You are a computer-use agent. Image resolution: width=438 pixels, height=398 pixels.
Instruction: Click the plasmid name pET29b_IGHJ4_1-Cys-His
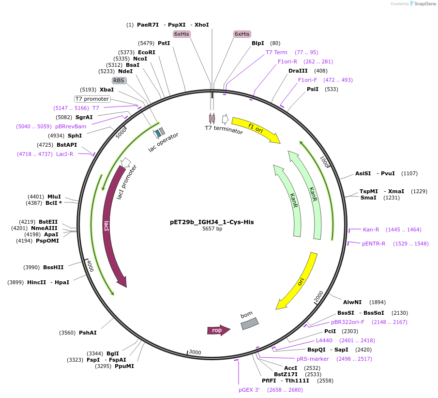pos(211,222)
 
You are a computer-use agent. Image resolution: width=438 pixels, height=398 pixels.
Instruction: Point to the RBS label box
pos(119,80)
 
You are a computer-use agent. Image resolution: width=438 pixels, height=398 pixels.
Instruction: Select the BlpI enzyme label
pos(258,43)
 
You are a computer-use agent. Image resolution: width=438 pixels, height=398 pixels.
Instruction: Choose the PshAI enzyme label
pos(88,333)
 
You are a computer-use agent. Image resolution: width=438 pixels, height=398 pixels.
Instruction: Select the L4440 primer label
pos(324,340)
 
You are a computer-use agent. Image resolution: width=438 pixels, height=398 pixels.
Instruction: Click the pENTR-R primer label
pos(374,244)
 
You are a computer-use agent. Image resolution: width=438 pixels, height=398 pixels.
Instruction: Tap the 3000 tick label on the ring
pos(195,352)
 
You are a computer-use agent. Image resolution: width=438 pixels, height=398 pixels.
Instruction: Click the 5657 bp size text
pos(212,229)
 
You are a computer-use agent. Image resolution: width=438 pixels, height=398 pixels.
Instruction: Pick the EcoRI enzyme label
pos(147,52)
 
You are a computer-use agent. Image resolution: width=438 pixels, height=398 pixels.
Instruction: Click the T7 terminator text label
pos(224,130)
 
